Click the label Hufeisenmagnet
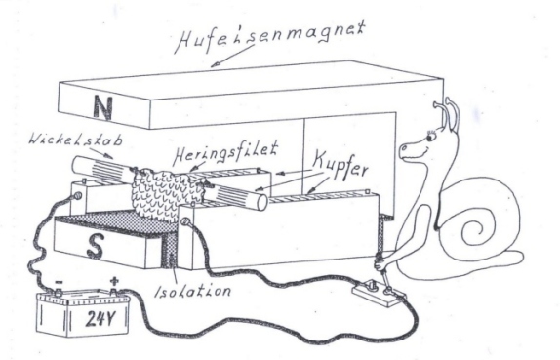[x=270, y=36]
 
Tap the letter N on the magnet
[x=102, y=107]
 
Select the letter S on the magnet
[x=96, y=246]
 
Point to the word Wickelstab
[x=76, y=140]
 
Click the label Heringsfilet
[x=226, y=153]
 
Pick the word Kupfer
[x=340, y=165]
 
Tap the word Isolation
[x=192, y=291]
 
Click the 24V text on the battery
[x=101, y=318]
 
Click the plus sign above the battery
[x=114, y=281]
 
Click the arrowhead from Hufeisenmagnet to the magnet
[x=215, y=65]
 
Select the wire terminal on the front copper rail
[x=184, y=221]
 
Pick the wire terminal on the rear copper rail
[x=76, y=196]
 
